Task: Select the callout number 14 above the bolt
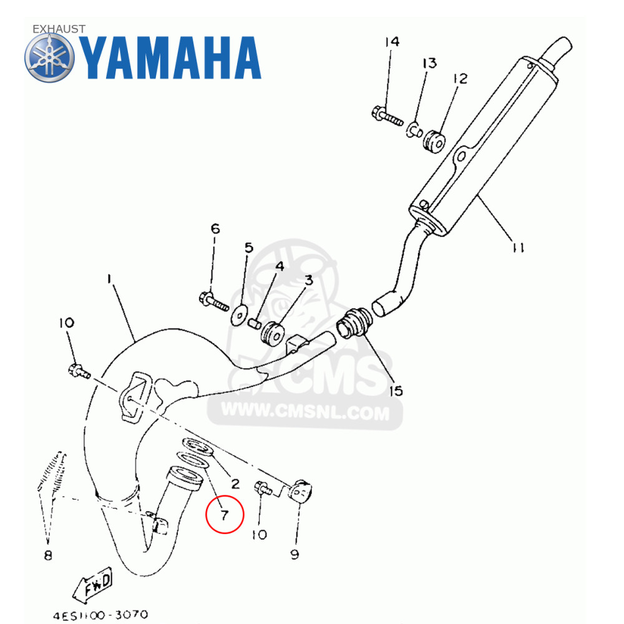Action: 391,42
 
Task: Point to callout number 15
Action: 395,391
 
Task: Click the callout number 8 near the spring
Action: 48,555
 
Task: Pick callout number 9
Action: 295,553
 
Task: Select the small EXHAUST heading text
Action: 59,29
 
